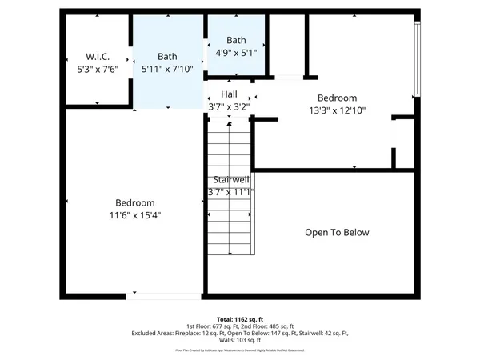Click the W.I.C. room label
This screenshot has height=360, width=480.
tap(98, 57)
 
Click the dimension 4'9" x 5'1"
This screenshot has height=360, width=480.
tap(236, 53)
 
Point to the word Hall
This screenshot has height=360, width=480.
tap(229, 94)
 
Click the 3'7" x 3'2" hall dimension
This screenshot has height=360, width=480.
tap(229, 106)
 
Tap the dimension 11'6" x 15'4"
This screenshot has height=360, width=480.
tap(134, 215)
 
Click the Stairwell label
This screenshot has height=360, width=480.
tap(231, 180)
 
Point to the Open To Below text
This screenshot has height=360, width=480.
tap(337, 233)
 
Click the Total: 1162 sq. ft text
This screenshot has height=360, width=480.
tap(240, 318)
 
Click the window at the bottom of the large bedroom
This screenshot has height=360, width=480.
tap(164, 296)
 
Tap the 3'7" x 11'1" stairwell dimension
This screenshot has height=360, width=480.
tap(230, 192)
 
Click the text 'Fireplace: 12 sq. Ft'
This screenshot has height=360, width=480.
tap(206, 333)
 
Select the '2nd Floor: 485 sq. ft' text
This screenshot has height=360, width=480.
tap(266, 326)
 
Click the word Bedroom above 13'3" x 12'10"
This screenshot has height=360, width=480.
tap(337, 98)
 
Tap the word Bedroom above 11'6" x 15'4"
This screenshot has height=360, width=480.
tap(134, 203)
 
